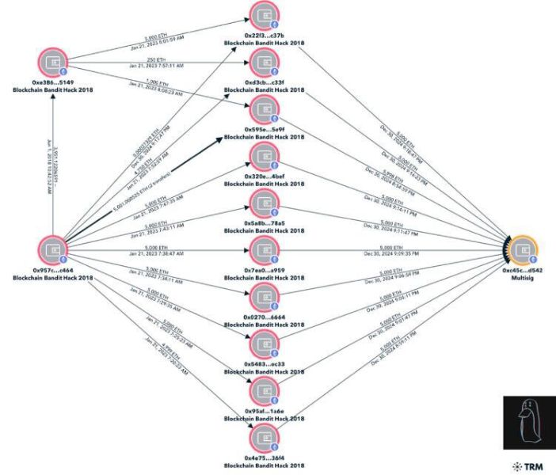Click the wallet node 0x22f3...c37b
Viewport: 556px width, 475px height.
264,17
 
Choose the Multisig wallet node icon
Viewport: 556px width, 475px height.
522,250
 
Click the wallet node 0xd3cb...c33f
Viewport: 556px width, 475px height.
264,64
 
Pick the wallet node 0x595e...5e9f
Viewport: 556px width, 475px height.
264,111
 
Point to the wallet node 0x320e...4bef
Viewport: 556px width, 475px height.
264,158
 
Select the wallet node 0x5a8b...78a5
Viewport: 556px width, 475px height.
264,204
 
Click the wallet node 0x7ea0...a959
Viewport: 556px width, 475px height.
264,252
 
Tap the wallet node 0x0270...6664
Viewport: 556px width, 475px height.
264,298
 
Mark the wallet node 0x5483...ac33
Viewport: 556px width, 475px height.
264,345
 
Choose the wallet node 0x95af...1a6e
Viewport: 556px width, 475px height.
264,392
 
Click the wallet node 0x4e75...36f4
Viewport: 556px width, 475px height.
264,439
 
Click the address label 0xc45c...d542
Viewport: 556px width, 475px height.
524,271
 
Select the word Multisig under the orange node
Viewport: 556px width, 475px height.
524,278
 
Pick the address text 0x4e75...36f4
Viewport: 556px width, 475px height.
264,458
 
